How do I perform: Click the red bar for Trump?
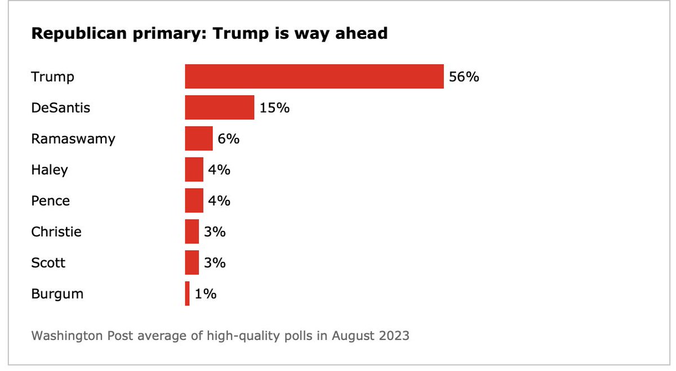tap(314, 77)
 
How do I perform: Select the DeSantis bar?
tap(220, 108)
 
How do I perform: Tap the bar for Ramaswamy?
tap(199, 138)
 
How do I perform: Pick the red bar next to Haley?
tap(194, 169)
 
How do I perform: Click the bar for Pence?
tap(194, 200)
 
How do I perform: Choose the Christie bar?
tap(192, 231)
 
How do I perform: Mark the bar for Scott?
tap(192, 262)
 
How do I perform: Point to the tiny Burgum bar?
tap(187, 293)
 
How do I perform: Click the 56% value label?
tap(464, 77)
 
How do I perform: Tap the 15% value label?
tap(274, 108)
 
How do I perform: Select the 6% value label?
tap(229, 138)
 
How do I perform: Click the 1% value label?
tap(206, 293)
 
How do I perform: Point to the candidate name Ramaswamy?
tap(73, 138)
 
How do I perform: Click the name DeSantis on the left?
tap(60, 108)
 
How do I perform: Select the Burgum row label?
tap(57, 293)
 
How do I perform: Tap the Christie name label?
tap(56, 231)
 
